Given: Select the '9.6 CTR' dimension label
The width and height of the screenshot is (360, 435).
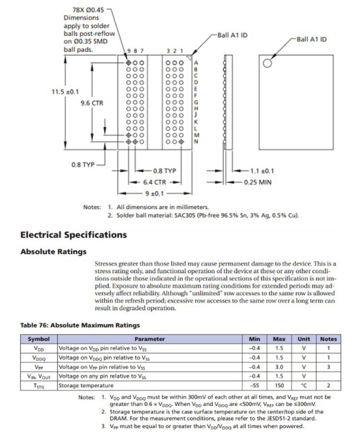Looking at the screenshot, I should (x=92, y=103).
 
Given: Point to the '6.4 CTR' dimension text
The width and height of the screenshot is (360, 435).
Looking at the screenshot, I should (x=155, y=182).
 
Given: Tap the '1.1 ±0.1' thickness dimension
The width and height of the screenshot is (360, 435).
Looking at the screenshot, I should (x=262, y=171).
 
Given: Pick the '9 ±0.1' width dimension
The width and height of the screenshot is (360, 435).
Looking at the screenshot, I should (x=154, y=193).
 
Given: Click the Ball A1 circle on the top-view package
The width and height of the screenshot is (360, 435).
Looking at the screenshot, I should (x=267, y=63).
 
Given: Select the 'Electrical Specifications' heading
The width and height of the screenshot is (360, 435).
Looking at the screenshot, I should (x=73, y=235).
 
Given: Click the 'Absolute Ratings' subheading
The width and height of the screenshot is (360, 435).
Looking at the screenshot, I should (x=53, y=251).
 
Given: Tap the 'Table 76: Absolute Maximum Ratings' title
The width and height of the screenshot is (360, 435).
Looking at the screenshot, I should (x=80, y=325).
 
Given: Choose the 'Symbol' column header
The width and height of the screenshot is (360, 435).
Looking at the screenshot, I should (x=38, y=339).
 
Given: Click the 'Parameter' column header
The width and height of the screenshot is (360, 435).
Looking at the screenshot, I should (x=149, y=339).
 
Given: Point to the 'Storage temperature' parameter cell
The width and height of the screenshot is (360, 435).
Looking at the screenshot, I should (x=86, y=386).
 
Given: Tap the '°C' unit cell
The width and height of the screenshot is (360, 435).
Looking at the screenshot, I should (x=303, y=386).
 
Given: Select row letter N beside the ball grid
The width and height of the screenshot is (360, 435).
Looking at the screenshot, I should (x=196, y=141).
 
